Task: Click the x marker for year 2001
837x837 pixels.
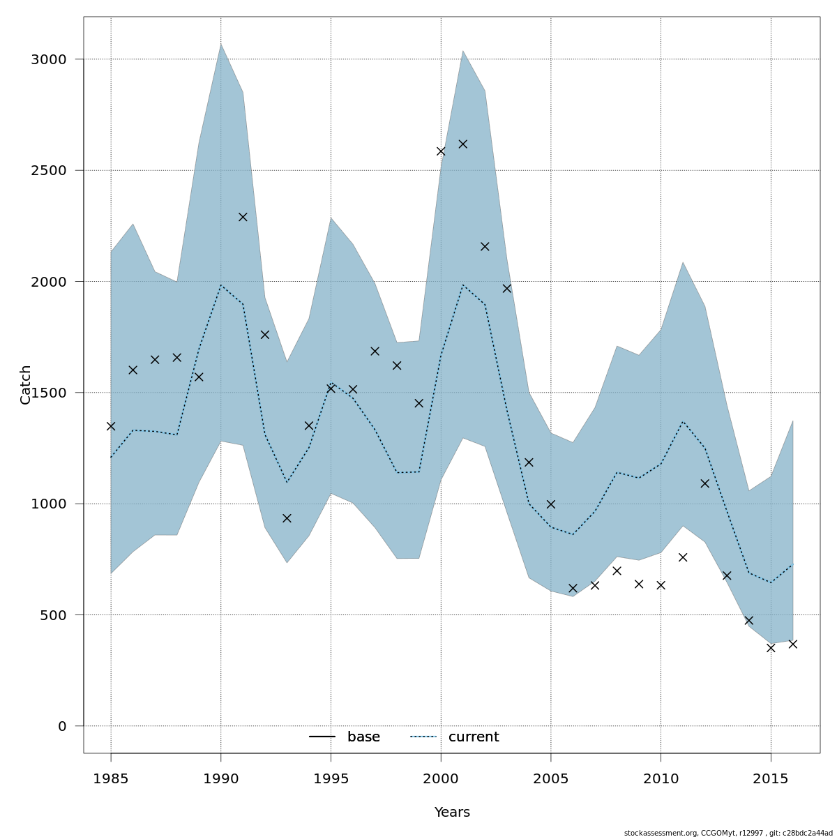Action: [462, 144]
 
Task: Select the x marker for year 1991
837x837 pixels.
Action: [243, 217]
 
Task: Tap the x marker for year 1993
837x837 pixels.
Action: [287, 518]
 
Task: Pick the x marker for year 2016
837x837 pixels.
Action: [792, 644]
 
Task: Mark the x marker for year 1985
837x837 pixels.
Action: [111, 426]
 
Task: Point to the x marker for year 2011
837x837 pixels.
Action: [683, 557]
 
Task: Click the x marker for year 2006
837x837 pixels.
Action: [573, 588]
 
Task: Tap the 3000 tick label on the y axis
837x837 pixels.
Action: [48, 59]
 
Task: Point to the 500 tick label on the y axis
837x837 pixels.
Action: [53, 615]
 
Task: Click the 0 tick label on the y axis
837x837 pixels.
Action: [62, 726]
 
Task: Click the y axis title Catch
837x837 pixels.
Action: [26, 384]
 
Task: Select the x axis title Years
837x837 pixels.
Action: [452, 813]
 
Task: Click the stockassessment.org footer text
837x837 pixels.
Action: [728, 833]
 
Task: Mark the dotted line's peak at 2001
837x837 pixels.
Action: [462, 284]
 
